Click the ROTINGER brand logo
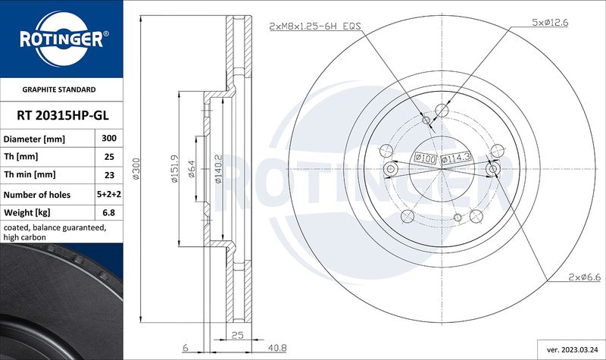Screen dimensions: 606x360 tap(62, 39)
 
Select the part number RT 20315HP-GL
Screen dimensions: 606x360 tap(63, 115)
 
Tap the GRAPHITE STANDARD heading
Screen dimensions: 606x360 tap(59, 89)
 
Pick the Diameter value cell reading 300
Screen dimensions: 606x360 tap(109, 138)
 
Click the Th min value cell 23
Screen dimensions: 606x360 tap(109, 175)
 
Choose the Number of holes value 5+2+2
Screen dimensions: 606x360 tap(109, 194)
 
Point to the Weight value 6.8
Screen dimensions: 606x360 tap(109, 212)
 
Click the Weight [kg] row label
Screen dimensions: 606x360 tap(27, 212)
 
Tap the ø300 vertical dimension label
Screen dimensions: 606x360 tap(136, 168)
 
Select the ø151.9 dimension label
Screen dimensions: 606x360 tap(174, 168)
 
